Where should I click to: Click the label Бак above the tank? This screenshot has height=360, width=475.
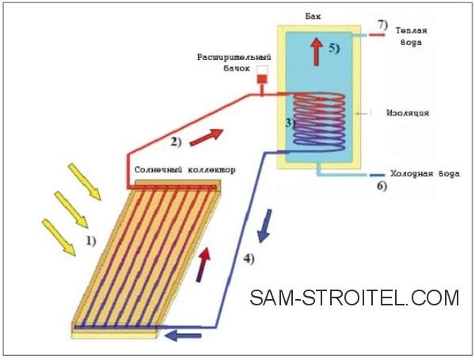click(313, 16)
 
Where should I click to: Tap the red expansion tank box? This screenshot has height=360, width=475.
click(262, 78)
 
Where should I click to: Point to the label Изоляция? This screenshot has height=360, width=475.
click(408, 113)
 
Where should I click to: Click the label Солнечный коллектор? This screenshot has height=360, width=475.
click(184, 169)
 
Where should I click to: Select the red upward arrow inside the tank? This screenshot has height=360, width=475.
click(317, 51)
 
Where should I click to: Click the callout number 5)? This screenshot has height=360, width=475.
click(334, 48)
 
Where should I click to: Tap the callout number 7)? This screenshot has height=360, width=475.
click(382, 25)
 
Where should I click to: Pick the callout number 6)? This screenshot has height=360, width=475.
click(382, 186)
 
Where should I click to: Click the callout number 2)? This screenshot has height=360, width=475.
click(176, 142)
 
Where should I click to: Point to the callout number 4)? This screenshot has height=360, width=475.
click(249, 259)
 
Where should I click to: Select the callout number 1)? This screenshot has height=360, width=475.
click(91, 241)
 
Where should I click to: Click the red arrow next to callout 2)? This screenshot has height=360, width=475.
click(207, 137)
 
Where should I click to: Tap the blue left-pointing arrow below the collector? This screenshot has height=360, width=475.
click(183, 335)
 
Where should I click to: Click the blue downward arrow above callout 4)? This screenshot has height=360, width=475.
click(264, 225)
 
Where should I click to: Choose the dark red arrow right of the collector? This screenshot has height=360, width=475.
click(203, 264)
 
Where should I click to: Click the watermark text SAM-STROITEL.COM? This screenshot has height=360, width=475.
click(355, 297)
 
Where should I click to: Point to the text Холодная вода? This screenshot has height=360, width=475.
click(424, 174)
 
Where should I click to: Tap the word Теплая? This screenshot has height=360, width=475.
click(411, 31)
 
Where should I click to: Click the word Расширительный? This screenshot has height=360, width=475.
click(234, 57)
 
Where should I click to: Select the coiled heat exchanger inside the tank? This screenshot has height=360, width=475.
click(319, 123)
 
